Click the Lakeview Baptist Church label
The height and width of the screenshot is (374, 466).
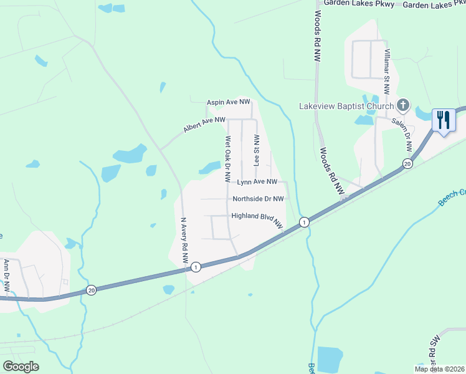[346, 105]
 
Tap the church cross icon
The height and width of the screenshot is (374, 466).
[402, 105]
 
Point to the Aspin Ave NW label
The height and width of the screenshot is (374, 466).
[229, 102]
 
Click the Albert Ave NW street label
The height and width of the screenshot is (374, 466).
[204, 125]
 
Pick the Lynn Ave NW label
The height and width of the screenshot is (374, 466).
[257, 182]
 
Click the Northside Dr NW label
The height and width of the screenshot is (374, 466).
[258, 199]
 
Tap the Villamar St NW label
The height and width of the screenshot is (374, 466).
[387, 71]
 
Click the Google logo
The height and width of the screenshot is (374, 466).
[21, 367]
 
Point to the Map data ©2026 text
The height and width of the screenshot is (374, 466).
[439, 368]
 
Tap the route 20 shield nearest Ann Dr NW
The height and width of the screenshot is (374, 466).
[91, 290]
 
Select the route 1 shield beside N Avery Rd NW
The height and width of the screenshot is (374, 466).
[196, 267]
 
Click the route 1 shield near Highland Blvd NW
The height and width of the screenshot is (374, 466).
[303, 222]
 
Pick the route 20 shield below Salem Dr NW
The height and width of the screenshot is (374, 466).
[407, 164]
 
